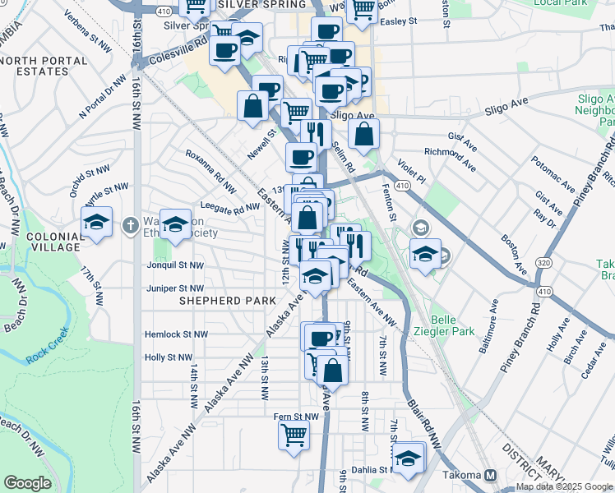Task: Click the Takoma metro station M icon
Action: tap(491, 475)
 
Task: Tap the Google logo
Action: tap(27, 483)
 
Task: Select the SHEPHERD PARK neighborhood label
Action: tap(228, 302)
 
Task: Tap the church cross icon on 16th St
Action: tap(130, 224)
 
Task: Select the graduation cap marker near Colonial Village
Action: tap(96, 223)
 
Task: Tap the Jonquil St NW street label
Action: tap(174, 265)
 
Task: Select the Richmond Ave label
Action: tap(450, 159)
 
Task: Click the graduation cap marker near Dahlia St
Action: tap(408, 458)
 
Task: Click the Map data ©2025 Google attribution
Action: tap(564, 486)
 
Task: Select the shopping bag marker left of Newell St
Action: tap(252, 106)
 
